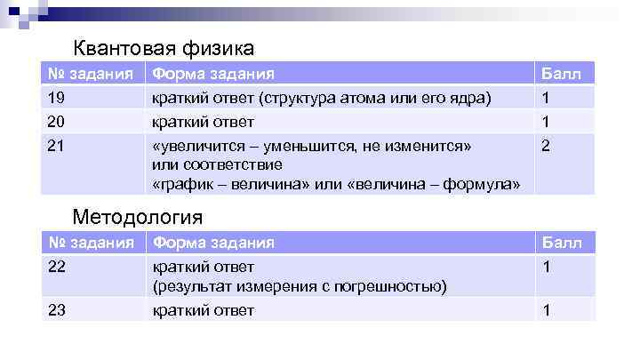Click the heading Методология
point(138,216)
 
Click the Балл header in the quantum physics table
point(562,73)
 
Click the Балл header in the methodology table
point(562,243)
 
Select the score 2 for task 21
point(546,145)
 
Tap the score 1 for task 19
point(546,97)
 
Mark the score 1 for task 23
point(546,310)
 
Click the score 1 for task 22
point(546,267)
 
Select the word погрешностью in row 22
point(396,286)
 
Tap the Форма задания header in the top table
point(213,73)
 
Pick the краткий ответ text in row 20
point(204,121)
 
